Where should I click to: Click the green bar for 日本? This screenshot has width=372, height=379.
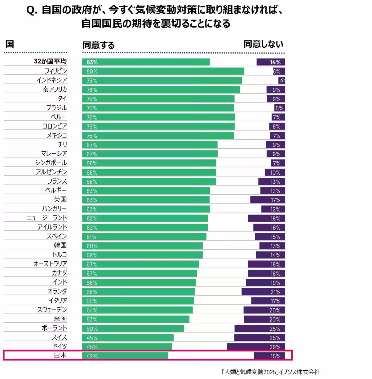pyautogui.click(x=125, y=356)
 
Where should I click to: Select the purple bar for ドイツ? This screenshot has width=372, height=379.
pyautogui.click(x=256, y=347)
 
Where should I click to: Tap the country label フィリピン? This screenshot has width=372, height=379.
pyautogui.click(x=55, y=71)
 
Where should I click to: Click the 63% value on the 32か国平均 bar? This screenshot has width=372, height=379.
pyautogui.click(x=92, y=62)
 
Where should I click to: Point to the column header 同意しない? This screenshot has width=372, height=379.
pyautogui.click(x=263, y=44)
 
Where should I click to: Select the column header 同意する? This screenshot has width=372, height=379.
pyautogui.click(x=99, y=45)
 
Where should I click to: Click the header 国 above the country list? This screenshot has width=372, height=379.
pyautogui.click(x=10, y=44)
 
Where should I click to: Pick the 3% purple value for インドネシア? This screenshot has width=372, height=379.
pyautogui.click(x=282, y=80)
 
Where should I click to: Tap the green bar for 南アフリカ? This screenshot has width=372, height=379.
pyautogui.click(x=161, y=89)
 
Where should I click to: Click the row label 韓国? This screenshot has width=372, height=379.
pyautogui.click(x=60, y=245)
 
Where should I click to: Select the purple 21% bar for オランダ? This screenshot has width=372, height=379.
pyautogui.click(x=263, y=292)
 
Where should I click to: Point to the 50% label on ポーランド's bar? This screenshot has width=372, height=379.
pyautogui.click(x=92, y=329)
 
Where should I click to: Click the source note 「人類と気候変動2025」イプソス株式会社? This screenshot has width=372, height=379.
pyautogui.click(x=270, y=372)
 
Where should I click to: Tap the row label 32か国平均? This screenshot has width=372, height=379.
pyautogui.click(x=50, y=61)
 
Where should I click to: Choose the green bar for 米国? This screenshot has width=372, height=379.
pyautogui.click(x=136, y=319)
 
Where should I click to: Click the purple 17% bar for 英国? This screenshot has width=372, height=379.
pyautogui.click(x=268, y=200)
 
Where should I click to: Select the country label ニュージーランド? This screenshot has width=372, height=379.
pyautogui.click(x=47, y=218)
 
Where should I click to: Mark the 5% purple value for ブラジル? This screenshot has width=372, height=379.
pyautogui.click(x=279, y=108)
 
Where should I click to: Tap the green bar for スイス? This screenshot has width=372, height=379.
pyautogui.click(x=128, y=338)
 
